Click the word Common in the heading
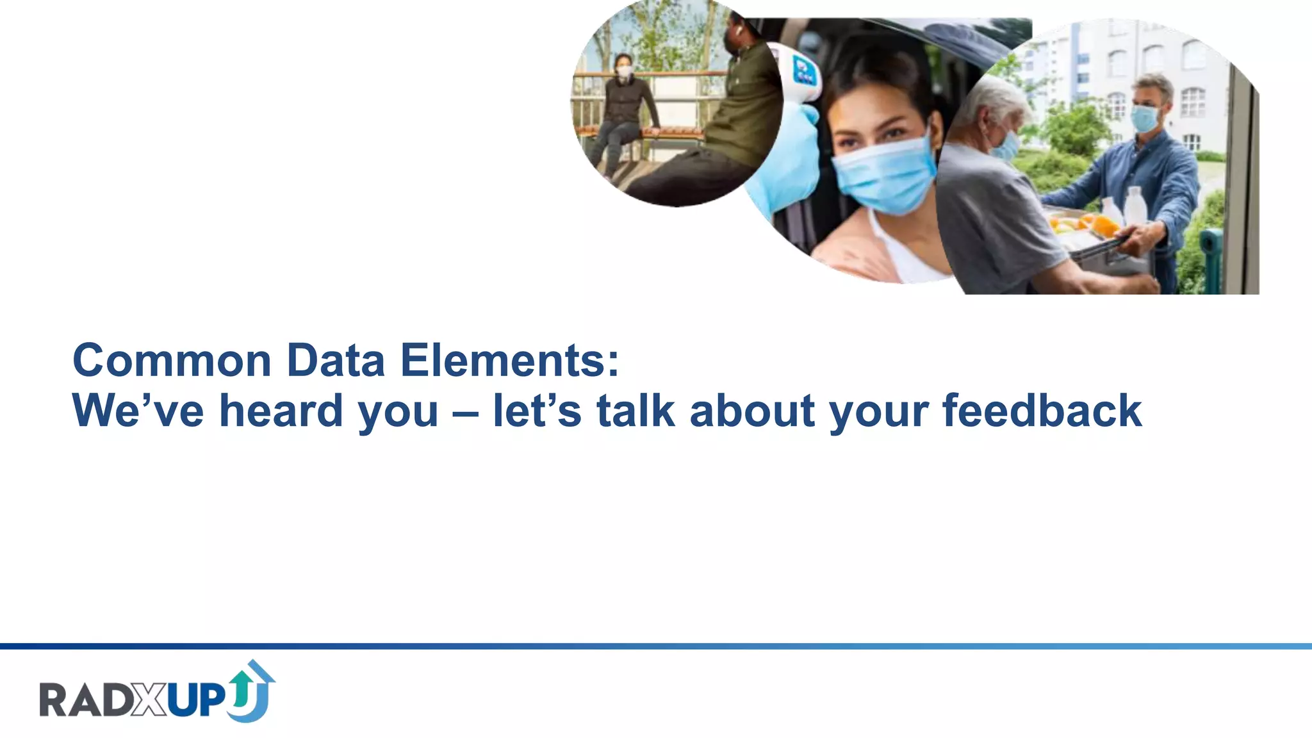[x=172, y=361]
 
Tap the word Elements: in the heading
[x=509, y=361]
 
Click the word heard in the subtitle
[x=281, y=411]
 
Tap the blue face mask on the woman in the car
[x=886, y=174]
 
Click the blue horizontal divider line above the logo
[x=656, y=646]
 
